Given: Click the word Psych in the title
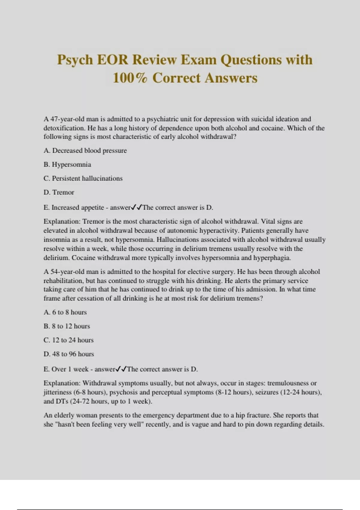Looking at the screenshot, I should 75,60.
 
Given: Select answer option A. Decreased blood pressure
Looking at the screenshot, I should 85,151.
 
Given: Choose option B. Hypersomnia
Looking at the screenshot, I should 67,164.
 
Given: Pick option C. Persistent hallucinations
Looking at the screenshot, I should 83,178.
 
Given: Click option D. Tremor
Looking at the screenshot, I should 59,192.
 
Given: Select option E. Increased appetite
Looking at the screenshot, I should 73,208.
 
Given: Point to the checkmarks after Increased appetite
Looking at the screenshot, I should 137,207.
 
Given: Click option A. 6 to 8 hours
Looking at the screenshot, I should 65,312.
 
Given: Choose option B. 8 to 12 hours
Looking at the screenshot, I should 67,326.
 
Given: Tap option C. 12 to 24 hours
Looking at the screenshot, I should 68,340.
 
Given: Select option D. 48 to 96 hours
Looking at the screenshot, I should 69,354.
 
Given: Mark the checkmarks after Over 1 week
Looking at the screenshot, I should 121,369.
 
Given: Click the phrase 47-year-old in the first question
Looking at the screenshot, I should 67,119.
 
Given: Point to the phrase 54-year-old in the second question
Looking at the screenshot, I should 67,272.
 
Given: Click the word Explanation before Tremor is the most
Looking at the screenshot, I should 62,222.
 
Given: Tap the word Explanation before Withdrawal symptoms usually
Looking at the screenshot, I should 62,383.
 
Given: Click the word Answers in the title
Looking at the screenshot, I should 231,78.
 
